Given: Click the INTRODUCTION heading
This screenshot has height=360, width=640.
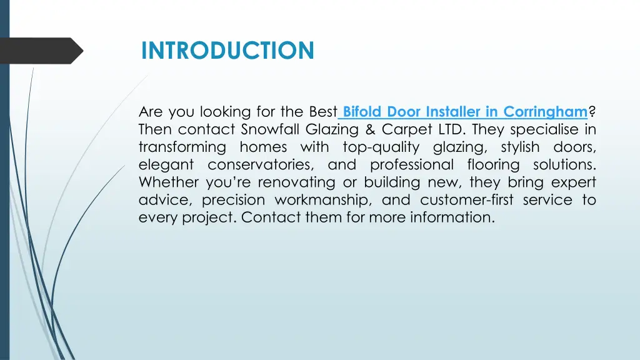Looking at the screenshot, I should coord(227,50).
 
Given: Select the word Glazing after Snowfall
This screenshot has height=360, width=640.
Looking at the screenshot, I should coord(332,130).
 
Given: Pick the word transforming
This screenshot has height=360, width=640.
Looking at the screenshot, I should coord(182,147).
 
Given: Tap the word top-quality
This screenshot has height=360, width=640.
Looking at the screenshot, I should coord(381,147).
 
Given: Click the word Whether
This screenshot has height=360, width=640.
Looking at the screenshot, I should coord(166,182).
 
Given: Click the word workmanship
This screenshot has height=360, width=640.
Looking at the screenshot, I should coord(318,200).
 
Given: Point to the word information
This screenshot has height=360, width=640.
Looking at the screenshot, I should coord(451,217).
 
